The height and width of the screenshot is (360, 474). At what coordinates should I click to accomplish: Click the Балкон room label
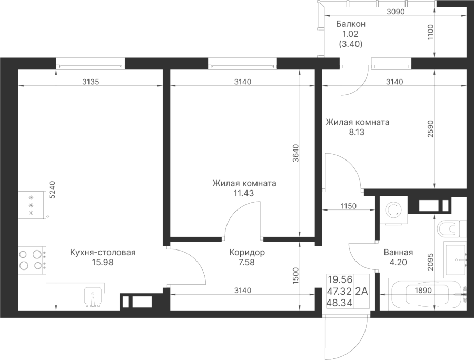pyautogui.click(x=351, y=24)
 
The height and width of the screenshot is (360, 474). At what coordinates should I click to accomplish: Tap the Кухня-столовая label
pyautogui.click(x=103, y=253)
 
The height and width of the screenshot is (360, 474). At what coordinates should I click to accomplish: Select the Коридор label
pyautogui.click(x=247, y=253)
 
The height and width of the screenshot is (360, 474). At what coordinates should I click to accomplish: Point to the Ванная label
pyautogui.click(x=399, y=252)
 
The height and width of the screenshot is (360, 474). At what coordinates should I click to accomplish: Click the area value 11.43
pyautogui.click(x=244, y=193)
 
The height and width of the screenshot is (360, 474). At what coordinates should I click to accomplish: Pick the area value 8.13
pyautogui.click(x=357, y=133)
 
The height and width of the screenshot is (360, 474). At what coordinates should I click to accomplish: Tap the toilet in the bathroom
pyautogui.click(x=450, y=229)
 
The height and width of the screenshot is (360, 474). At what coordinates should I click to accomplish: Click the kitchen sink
pyautogui.click(x=93, y=297)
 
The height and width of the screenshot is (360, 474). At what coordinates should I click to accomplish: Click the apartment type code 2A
pyautogui.click(x=362, y=290)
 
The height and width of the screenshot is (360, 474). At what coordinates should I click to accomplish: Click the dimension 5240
pyautogui.click(x=51, y=189)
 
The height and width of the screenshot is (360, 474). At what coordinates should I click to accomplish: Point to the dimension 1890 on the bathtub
pyautogui.click(x=423, y=290)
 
